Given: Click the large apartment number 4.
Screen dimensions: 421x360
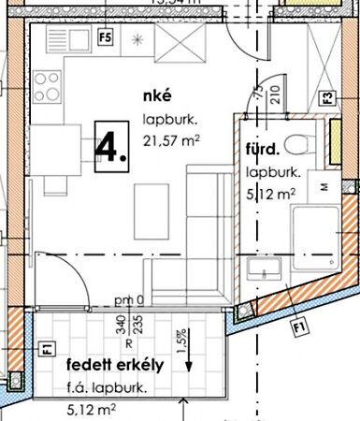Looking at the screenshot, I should click(x=110, y=147).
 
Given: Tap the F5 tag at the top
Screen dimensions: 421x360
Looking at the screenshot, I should click(x=105, y=38).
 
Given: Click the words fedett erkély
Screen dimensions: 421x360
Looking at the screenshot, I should click(x=115, y=365).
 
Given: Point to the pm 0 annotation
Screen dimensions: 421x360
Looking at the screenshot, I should click(x=129, y=299).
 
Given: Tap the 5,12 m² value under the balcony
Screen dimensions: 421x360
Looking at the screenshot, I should click(x=92, y=408).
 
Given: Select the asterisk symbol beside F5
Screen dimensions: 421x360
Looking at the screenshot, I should click(x=137, y=39).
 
